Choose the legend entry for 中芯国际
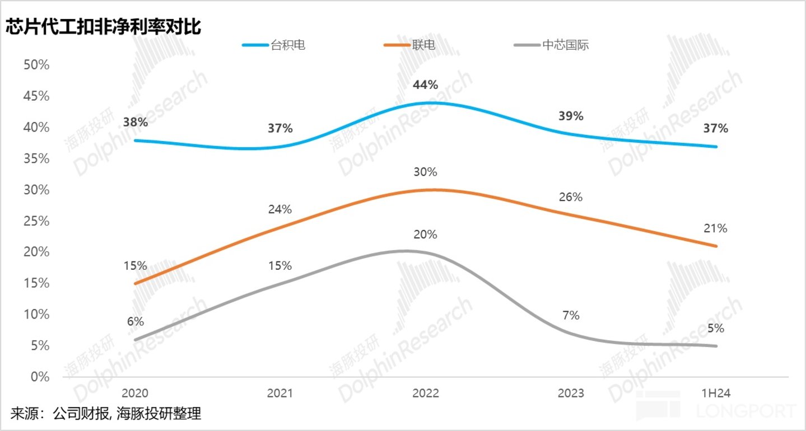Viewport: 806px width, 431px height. click(565, 45)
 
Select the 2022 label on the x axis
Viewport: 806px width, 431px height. click(426, 393)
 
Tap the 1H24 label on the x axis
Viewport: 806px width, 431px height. click(716, 393)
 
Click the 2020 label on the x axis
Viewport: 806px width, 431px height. click(135, 393)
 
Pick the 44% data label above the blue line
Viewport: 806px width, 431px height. click(426, 85)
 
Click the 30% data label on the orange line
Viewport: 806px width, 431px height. click(426, 172)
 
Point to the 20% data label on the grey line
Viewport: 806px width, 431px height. click(426, 235)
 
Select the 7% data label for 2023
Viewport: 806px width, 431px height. click(571, 316)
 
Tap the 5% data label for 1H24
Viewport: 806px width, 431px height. click(716, 328)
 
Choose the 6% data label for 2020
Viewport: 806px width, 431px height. click(135, 322)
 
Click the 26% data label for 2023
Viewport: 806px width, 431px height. click(571, 197)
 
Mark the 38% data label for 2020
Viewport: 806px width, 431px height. click(135, 122)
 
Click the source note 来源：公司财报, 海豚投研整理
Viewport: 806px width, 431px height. click(105, 414)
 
